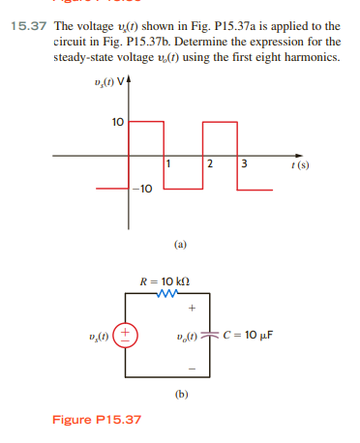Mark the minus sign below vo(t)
[194, 369]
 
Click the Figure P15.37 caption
[96, 419]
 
